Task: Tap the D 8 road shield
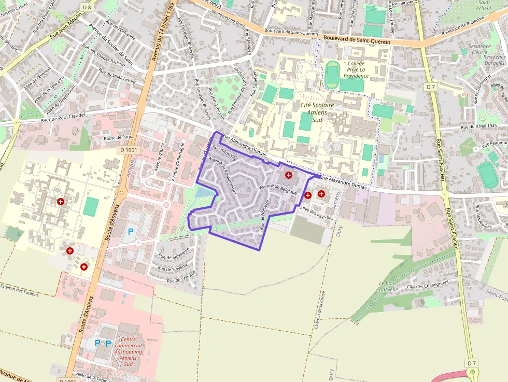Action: (x=87, y=7)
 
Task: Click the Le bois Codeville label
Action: (x=387, y=286)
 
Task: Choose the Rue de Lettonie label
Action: (x=180, y=276)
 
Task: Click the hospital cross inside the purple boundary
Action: (x=289, y=176)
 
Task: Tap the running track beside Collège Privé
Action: (x=332, y=75)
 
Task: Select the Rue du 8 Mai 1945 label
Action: (x=478, y=126)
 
